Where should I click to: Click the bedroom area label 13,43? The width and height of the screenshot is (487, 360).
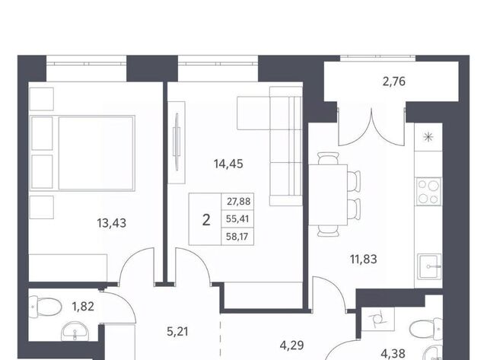coord(112,223)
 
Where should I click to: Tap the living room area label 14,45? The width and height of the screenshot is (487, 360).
coord(228,164)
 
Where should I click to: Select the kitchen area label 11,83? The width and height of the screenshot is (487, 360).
coord(364,259)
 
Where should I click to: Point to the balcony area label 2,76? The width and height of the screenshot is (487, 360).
coord(394,81)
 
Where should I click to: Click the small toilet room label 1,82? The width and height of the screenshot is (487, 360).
coord(83,307)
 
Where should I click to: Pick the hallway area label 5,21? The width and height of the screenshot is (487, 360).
coord(177,332)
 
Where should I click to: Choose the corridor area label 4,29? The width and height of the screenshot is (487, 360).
coord(291,345)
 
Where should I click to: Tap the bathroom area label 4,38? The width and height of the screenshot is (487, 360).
coord(393,353)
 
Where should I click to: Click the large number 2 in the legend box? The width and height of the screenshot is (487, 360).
coord(206,220)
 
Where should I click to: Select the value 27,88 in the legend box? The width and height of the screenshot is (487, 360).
coord(238,202)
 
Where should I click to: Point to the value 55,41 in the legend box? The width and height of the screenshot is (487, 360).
coord(237,219)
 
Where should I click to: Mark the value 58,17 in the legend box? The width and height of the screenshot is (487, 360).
coord(237,237)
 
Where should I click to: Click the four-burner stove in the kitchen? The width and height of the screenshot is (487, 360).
coord(428,191)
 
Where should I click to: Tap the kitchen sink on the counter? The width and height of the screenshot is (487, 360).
coord(429,266)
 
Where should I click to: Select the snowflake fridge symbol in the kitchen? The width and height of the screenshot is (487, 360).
coord(428,137)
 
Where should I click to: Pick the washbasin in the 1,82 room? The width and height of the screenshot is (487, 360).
coord(75,332)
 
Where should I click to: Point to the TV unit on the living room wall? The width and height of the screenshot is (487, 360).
coord(177,142)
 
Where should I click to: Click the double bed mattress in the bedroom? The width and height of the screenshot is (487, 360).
coord(97,153)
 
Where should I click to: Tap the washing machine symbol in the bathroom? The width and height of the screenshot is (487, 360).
coord(378,320)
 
